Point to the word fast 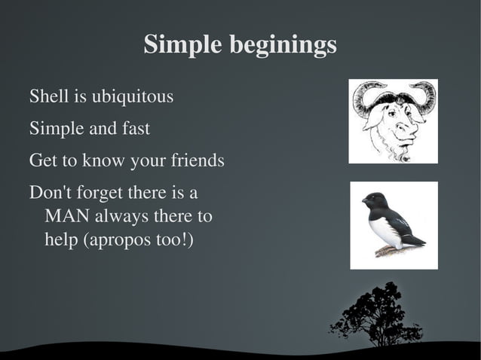[x=135, y=129]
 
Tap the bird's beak [x=363, y=201]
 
